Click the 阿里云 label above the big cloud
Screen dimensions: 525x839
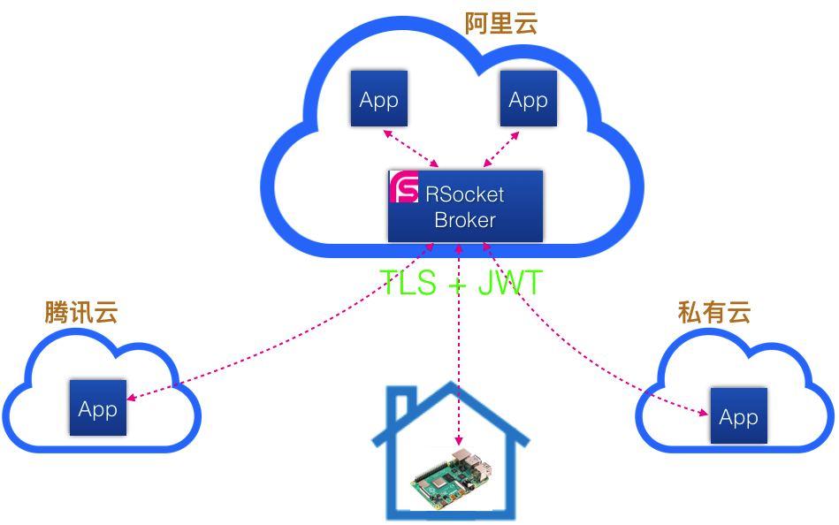(x=501, y=23)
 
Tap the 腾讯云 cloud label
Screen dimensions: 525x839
(x=81, y=312)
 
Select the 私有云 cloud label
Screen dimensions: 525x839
(x=714, y=311)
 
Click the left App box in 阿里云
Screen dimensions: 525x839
(x=378, y=99)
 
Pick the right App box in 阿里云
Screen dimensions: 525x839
(x=528, y=99)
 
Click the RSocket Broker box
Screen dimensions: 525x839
(x=465, y=206)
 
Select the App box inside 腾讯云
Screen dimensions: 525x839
(x=97, y=408)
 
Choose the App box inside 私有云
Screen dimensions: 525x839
(x=738, y=415)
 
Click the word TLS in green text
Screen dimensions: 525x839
(x=408, y=283)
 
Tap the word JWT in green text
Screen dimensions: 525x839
(x=510, y=283)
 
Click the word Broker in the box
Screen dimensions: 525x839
(x=465, y=220)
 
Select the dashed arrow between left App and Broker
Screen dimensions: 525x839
(x=411, y=148)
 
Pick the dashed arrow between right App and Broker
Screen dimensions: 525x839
(x=501, y=148)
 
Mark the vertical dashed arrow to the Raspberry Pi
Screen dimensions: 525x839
(x=458, y=354)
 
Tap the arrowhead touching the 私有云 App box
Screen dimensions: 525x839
(x=704, y=412)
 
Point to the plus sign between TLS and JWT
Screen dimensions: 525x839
(x=457, y=284)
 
